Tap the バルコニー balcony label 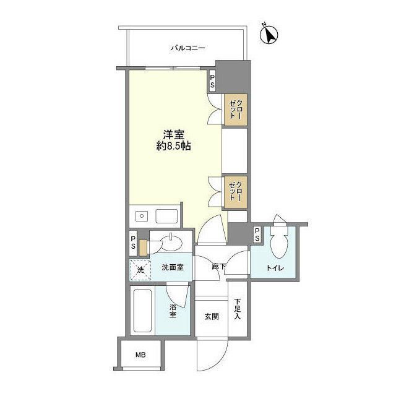point(188,47)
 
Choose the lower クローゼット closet point(236,191)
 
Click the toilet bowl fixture point(279,244)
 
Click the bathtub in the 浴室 point(143,312)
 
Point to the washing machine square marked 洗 point(140,269)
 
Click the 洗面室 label point(173,268)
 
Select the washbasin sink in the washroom point(170,242)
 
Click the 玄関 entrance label point(211,316)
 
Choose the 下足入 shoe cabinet point(238,309)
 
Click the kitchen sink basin point(166,217)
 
